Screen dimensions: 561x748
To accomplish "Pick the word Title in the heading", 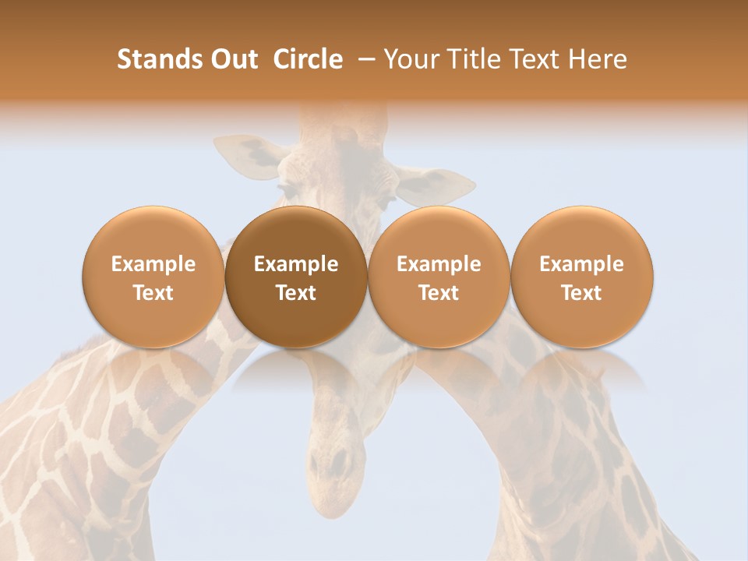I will pyautogui.click(x=466, y=59).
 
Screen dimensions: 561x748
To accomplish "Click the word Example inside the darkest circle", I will pyautogui.click(x=296, y=265).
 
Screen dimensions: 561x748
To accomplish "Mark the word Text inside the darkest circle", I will pyautogui.click(x=296, y=293).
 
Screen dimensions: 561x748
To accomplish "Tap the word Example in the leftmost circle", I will pyautogui.click(x=153, y=265).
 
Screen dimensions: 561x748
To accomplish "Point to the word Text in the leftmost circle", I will pyautogui.click(x=153, y=293).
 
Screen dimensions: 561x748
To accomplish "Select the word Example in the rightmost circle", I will pyautogui.click(x=582, y=265).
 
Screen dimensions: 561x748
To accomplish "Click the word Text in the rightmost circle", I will pyautogui.click(x=582, y=293).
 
